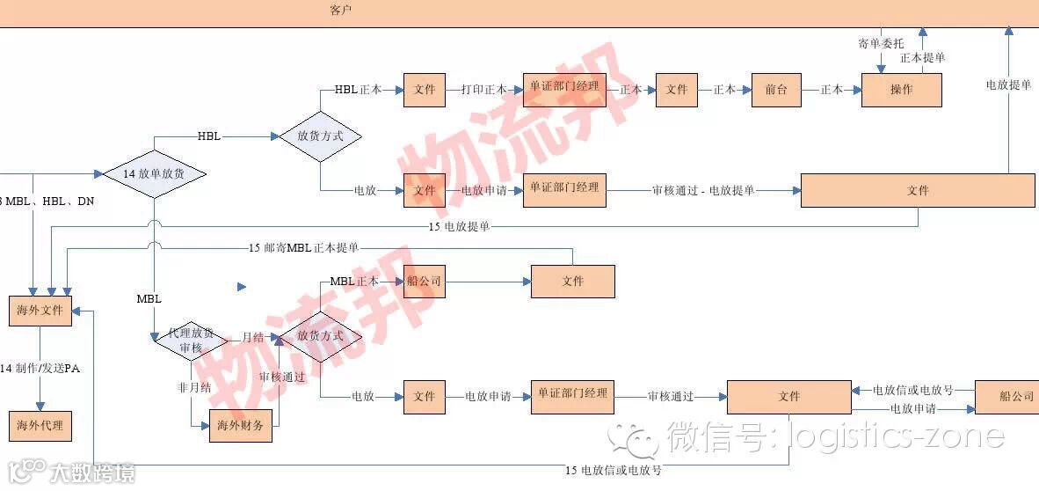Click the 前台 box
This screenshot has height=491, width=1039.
[x=776, y=90]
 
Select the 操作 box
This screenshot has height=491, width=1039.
[x=901, y=90]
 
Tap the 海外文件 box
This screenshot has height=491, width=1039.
[x=40, y=311]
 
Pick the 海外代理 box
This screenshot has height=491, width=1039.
[x=40, y=426]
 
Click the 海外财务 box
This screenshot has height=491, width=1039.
[x=240, y=426]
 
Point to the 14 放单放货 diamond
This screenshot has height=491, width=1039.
[x=155, y=174]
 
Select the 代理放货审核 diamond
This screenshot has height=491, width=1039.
[x=191, y=341]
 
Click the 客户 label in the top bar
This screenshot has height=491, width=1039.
[x=341, y=11]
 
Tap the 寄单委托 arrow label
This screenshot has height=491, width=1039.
[x=880, y=42]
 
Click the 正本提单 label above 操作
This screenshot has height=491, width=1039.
[x=922, y=58]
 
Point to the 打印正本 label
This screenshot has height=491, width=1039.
[x=483, y=90]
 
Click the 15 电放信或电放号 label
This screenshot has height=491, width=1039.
[x=613, y=470]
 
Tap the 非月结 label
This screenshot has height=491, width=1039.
[x=193, y=386]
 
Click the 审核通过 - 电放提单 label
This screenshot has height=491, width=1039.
[x=702, y=190]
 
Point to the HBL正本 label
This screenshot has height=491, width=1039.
[x=358, y=90]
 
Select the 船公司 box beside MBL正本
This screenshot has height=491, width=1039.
[x=424, y=282]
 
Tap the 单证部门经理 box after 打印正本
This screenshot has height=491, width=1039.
[x=563, y=90]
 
